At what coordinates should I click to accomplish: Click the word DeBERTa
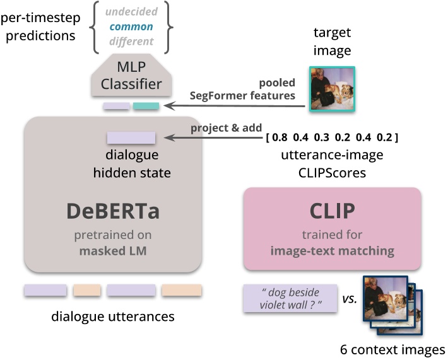coord(112,212)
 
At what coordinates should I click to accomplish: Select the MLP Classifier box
coord(131,76)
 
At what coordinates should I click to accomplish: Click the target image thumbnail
coord(332,89)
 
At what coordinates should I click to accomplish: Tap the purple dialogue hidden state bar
coord(131,137)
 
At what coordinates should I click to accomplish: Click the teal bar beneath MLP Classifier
coord(146,105)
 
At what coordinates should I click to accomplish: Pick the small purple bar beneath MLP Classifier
coord(116,105)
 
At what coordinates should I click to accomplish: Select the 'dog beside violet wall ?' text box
coord(286,298)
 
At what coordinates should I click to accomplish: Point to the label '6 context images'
coord(392,349)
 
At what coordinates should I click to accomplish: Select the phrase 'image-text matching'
coord(332,251)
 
